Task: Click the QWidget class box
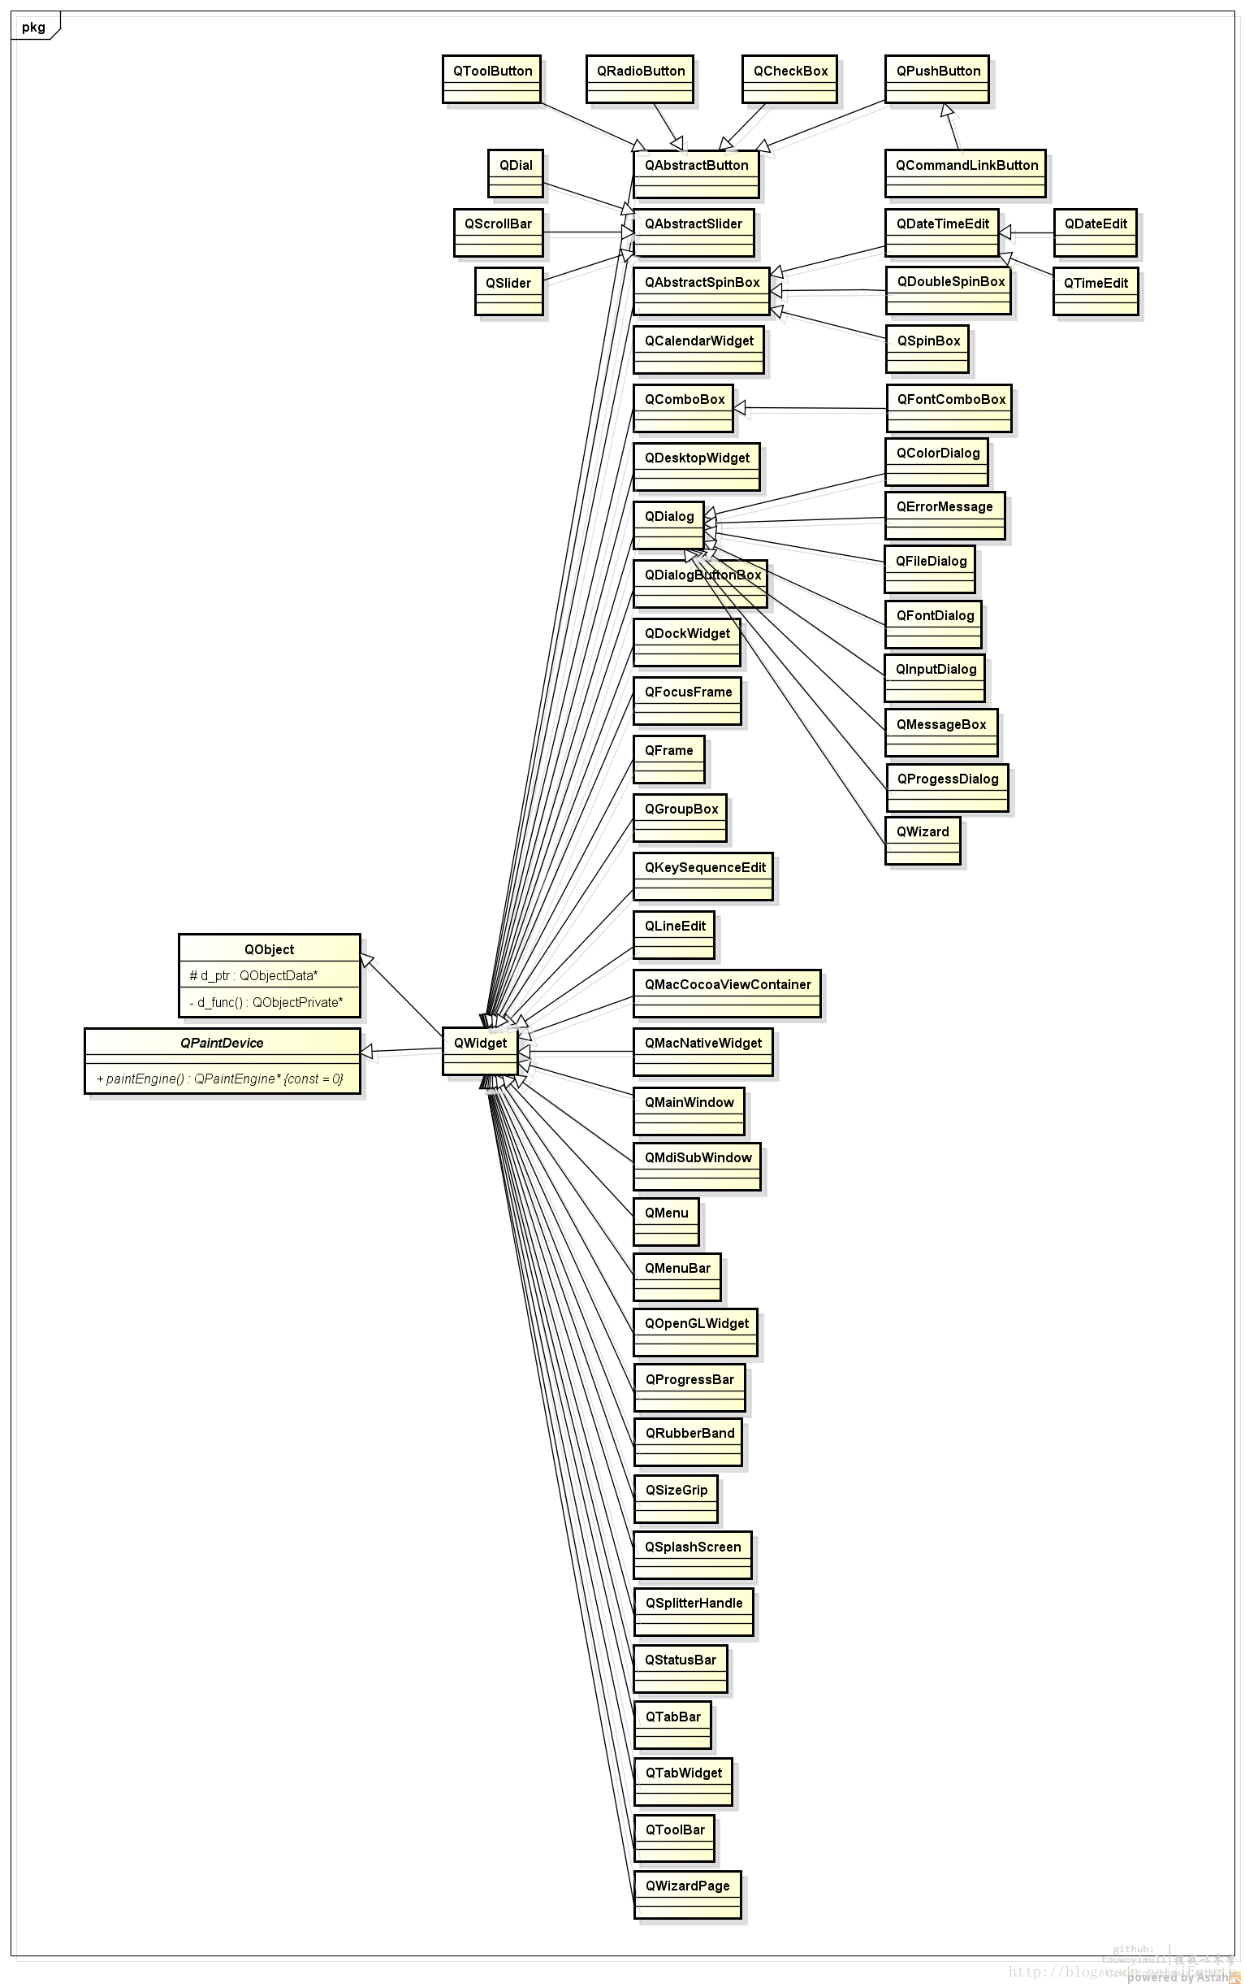click(x=480, y=1050)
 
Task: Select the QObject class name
click(x=269, y=949)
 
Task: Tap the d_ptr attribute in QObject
click(x=253, y=975)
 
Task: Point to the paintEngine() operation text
click(x=220, y=1079)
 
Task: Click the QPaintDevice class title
click(x=222, y=1043)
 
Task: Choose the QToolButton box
click(x=491, y=79)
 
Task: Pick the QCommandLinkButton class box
click(x=965, y=173)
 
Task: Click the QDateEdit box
click(x=1095, y=232)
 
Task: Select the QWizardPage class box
click(x=688, y=1894)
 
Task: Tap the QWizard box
click(x=923, y=840)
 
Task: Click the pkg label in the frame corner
click(x=34, y=27)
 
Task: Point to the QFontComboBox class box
click(x=949, y=408)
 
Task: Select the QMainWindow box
click(x=690, y=1110)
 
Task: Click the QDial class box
click(x=516, y=173)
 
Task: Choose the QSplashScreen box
click(x=693, y=1556)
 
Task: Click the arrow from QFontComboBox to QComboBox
click(x=811, y=408)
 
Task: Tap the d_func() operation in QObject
click(x=266, y=1003)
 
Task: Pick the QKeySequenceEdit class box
click(x=704, y=876)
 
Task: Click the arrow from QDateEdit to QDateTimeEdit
click(x=1027, y=233)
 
